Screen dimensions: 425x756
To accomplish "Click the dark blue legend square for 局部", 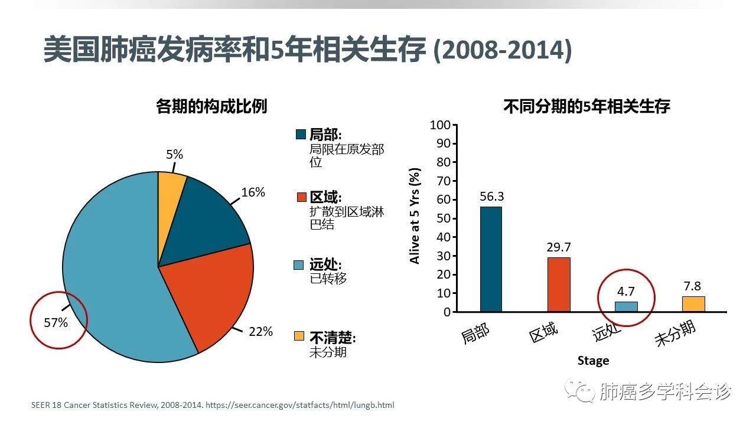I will point(301,135).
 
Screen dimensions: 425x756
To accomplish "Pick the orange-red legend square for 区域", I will point(301,197).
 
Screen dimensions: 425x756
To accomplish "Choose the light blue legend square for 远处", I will point(301,265).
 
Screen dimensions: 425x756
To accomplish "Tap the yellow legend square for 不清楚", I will point(301,336).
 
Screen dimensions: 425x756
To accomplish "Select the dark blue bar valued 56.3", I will point(491,259).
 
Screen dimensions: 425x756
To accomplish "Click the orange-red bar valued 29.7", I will point(559,284).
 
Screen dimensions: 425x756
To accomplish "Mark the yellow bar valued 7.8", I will point(693,304).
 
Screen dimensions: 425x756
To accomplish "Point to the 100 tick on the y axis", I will point(440,125).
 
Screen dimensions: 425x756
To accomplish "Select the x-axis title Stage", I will point(593,360).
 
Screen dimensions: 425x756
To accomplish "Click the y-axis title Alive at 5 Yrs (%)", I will point(415,216).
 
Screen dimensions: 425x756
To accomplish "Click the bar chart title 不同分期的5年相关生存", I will point(586,107).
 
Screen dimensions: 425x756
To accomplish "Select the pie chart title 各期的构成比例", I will point(211,106).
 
